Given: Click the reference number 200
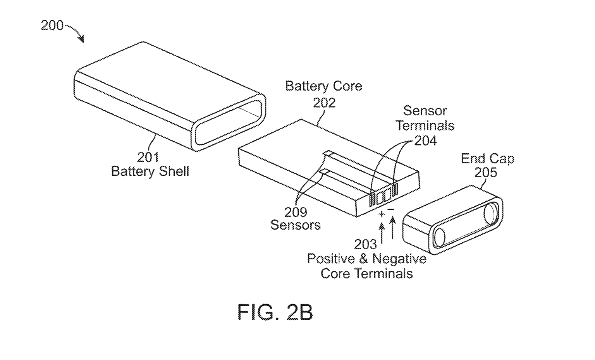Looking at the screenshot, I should pyautogui.click(x=52, y=26).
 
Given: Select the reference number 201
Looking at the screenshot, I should pyautogui.click(x=148, y=157).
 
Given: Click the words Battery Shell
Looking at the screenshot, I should pyautogui.click(x=150, y=171).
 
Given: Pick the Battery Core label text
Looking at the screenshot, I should pyautogui.click(x=323, y=86).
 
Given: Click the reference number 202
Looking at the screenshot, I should pyautogui.click(x=324, y=103).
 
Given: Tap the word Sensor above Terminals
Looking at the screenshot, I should pyautogui.click(x=425, y=111).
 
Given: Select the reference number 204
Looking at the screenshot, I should pyautogui.click(x=425, y=141).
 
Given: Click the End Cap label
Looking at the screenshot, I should pyautogui.click(x=487, y=159).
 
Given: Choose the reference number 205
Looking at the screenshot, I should pyautogui.click(x=486, y=172).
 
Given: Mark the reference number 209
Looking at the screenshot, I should pyautogui.click(x=296, y=212).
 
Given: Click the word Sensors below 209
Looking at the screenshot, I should pyautogui.click(x=295, y=225).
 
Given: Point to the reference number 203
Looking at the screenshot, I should pyautogui.click(x=365, y=244).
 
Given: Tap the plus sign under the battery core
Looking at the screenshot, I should pyautogui.click(x=382, y=214).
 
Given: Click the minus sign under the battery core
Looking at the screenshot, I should pyautogui.click(x=391, y=209).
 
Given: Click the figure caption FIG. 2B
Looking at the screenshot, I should pyautogui.click(x=275, y=312).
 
